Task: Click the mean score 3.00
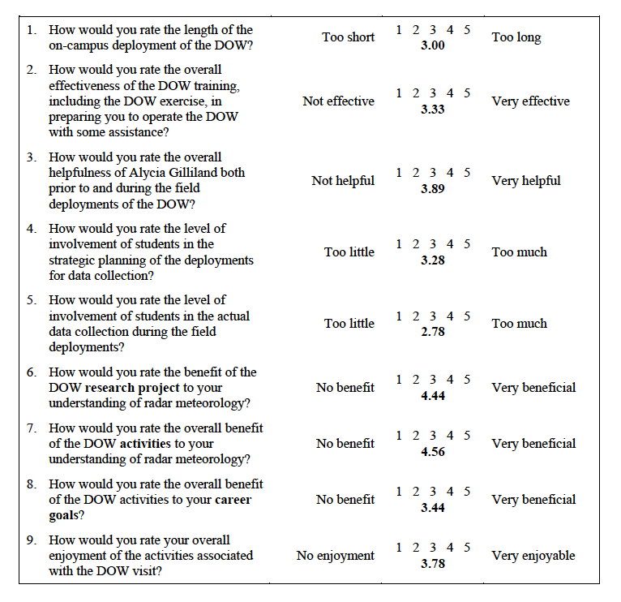click(x=433, y=45)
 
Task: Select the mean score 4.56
click(x=433, y=452)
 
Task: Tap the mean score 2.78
click(x=433, y=332)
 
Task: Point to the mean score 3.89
click(x=433, y=189)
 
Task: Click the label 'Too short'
click(x=349, y=37)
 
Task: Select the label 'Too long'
click(x=516, y=37)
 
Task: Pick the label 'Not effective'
click(x=339, y=101)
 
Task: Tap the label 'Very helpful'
click(x=526, y=181)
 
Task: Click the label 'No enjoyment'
click(x=336, y=556)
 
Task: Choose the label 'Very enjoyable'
click(x=533, y=556)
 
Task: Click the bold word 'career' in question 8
click(x=232, y=500)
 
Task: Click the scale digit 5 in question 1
click(x=467, y=30)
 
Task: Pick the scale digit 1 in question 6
click(x=399, y=380)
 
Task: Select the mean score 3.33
click(x=433, y=110)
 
